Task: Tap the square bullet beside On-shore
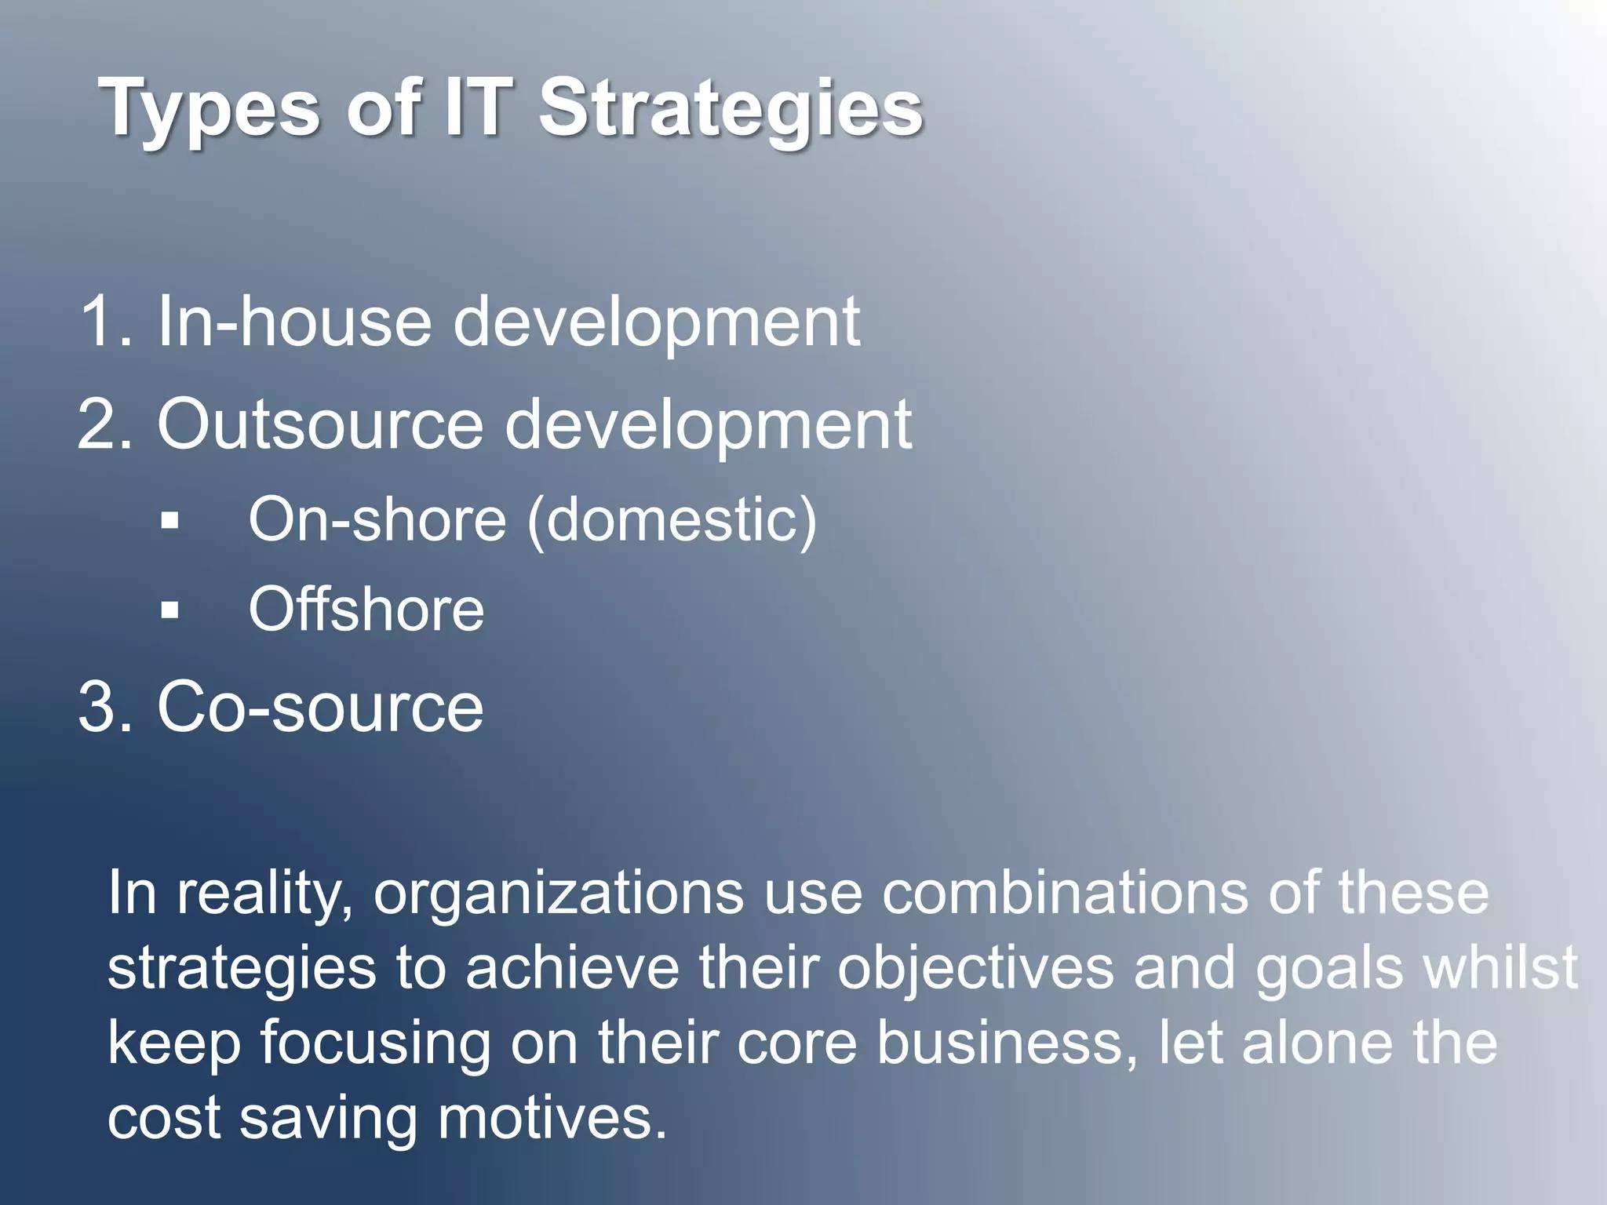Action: click(169, 520)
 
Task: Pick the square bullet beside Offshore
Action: click(169, 610)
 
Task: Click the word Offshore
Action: click(366, 610)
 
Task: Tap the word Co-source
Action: click(320, 707)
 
